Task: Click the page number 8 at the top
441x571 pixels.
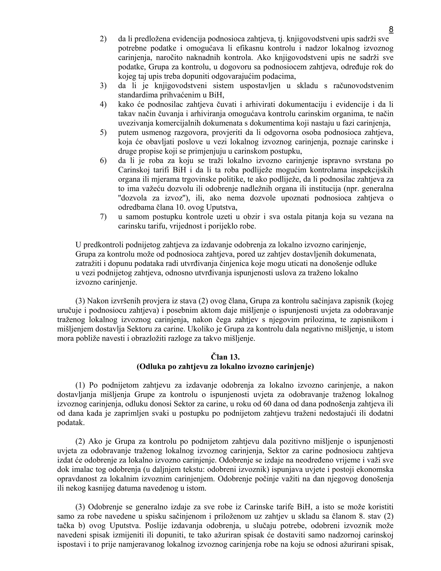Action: pyautogui.click(x=391, y=29)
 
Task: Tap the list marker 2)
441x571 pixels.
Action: pyautogui.click(x=103, y=39)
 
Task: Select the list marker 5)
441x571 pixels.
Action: pyautogui.click(x=103, y=133)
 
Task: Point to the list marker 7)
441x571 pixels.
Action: pyautogui.click(x=103, y=217)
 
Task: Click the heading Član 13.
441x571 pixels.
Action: pyautogui.click(x=225, y=357)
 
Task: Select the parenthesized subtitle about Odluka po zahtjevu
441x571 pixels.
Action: pyautogui.click(x=225, y=366)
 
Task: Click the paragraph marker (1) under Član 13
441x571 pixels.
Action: pyautogui.click(x=80, y=385)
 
